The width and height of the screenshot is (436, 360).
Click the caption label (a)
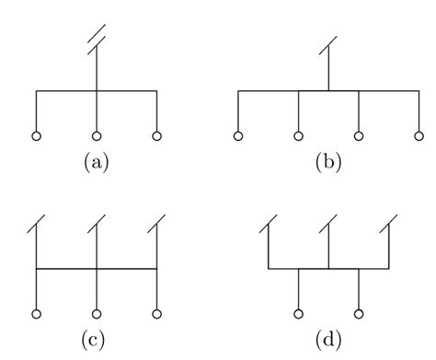coord(97,163)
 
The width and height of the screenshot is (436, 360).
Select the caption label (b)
coord(327,163)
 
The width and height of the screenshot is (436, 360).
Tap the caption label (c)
coord(96,340)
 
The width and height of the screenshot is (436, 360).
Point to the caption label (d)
coord(327,340)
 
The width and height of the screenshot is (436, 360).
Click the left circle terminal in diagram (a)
coord(37,136)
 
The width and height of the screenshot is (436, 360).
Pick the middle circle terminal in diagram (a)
coord(97,136)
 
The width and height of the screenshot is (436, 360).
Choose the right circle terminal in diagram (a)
coord(157,136)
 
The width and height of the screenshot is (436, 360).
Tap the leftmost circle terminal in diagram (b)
coord(238,136)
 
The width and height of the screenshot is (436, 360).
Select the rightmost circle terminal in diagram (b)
coord(418,136)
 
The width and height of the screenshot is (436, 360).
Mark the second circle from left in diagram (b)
coord(298,136)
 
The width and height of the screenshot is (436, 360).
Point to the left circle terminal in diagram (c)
coord(37,313)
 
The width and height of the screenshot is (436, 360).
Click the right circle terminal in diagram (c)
coord(157,313)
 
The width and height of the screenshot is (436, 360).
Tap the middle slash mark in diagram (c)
coord(97,223)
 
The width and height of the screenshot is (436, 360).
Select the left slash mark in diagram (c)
coord(37,223)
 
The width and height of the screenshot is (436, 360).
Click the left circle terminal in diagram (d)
coord(298,313)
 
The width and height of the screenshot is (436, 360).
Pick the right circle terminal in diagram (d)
coord(358,313)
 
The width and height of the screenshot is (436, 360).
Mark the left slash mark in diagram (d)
coord(268,223)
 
